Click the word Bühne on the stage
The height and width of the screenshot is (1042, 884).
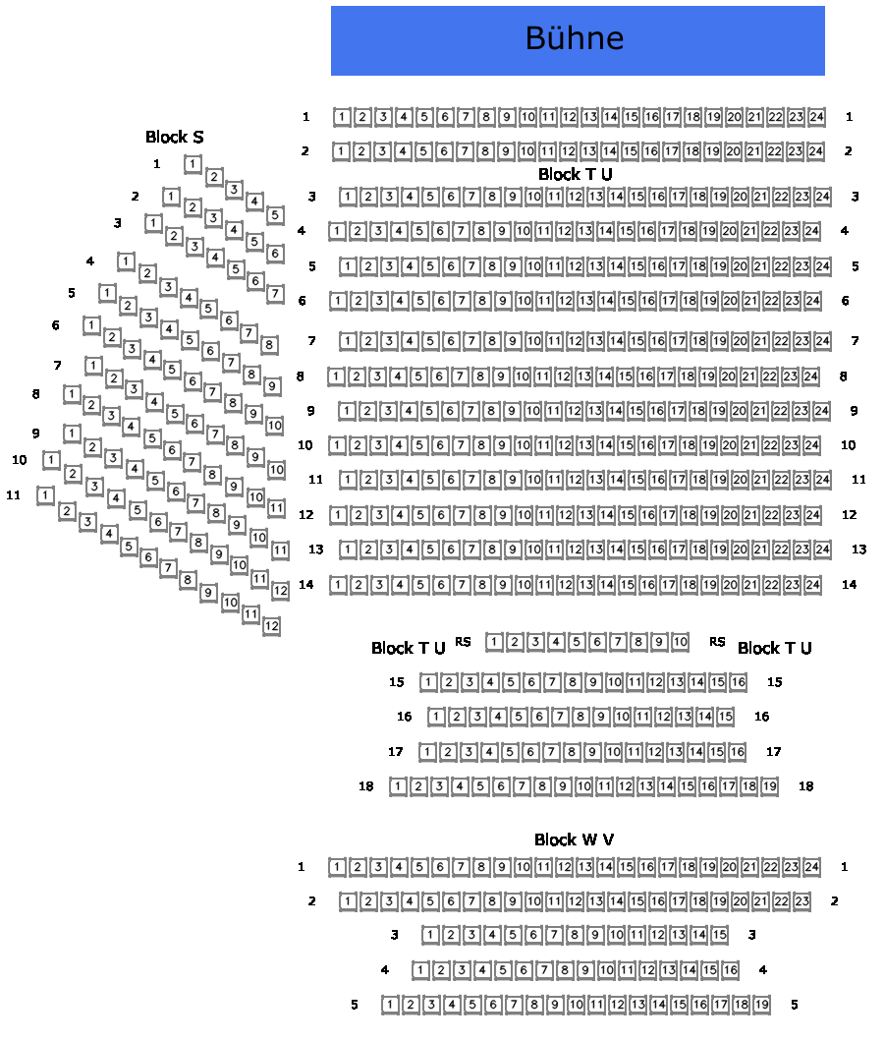[x=575, y=39]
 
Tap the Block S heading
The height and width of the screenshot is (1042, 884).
[x=175, y=137]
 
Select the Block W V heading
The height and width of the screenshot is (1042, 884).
[x=575, y=839]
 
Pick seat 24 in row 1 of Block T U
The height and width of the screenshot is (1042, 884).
[x=816, y=117]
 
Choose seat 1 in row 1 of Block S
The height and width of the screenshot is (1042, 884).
[x=193, y=164]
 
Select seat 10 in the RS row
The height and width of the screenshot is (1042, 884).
[x=680, y=643]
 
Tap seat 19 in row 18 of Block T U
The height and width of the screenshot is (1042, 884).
[x=769, y=786]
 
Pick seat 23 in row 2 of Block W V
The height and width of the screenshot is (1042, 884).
[x=801, y=900]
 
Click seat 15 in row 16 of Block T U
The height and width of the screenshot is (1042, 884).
[x=725, y=717]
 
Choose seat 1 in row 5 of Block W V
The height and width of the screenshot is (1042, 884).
[x=390, y=1005]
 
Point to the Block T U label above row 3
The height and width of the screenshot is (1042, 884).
[x=575, y=174]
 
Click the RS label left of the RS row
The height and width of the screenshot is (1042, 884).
[x=463, y=642]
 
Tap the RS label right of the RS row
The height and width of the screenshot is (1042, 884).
[x=717, y=642]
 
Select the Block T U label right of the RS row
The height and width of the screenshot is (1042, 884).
[x=774, y=648]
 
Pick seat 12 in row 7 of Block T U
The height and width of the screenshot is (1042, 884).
[x=575, y=341]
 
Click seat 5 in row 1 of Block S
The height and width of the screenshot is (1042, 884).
[x=275, y=214]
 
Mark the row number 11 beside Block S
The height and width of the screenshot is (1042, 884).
[x=13, y=494]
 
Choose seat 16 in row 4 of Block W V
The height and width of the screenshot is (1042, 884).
[x=730, y=970]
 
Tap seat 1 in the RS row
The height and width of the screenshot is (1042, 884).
[x=494, y=643]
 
